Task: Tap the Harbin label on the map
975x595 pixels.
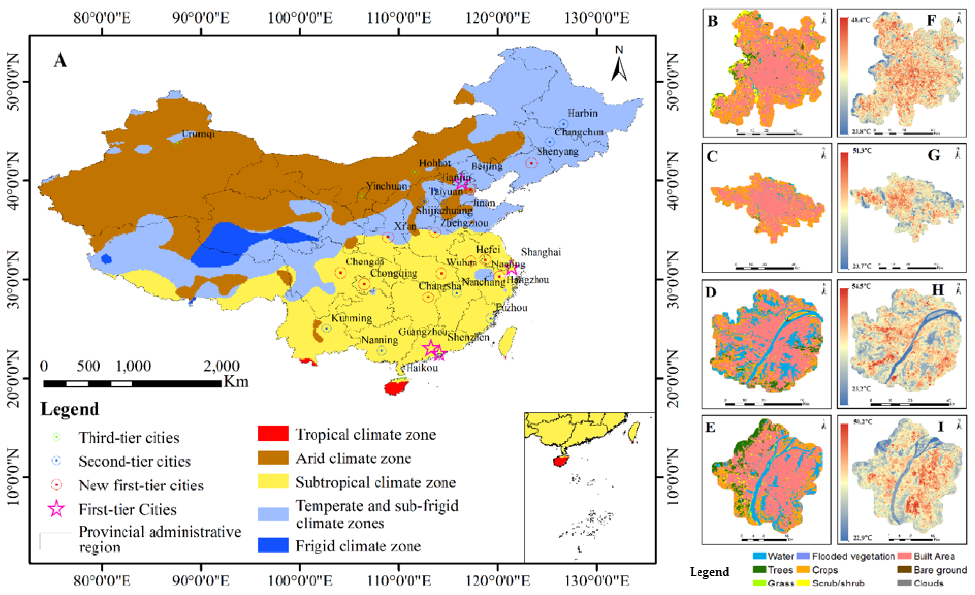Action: pyautogui.click(x=582, y=114)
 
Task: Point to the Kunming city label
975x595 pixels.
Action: pyautogui.click(x=351, y=318)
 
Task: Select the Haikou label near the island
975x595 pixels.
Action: pyautogui.click(x=422, y=369)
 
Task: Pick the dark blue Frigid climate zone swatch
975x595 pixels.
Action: pyautogui.click(x=273, y=545)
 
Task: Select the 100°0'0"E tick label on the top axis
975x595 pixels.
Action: pyautogui.click(x=300, y=18)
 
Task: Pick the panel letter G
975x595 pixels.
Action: pyautogui.click(x=934, y=155)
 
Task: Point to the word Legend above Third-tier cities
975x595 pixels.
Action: pyautogui.click(x=70, y=409)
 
